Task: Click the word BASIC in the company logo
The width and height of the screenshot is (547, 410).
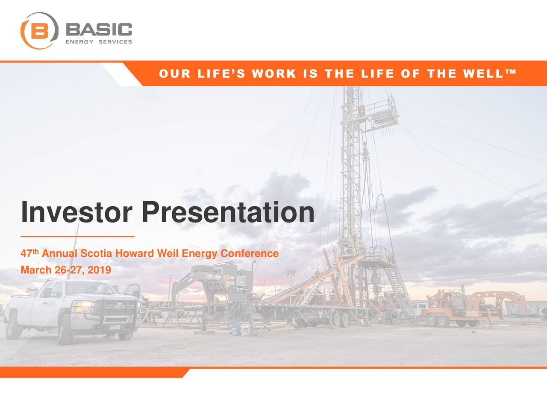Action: click(x=99, y=30)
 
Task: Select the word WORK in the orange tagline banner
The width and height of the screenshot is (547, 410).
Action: click(x=274, y=74)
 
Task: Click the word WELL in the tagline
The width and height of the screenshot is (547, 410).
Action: click(x=483, y=74)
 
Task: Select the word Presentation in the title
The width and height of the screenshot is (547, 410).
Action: click(x=228, y=212)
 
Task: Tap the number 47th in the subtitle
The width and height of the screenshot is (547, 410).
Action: click(x=29, y=254)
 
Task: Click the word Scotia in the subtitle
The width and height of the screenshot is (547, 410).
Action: click(x=96, y=254)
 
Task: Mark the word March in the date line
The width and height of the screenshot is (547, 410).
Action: click(x=36, y=270)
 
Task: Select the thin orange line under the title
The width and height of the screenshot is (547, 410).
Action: click(x=77, y=236)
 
